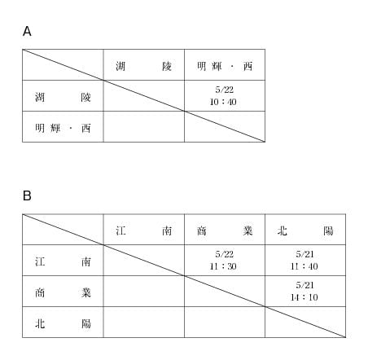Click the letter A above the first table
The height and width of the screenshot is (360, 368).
pyautogui.click(x=27, y=31)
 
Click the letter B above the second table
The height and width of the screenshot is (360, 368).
pyautogui.click(x=27, y=195)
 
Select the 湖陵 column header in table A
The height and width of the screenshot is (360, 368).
pyautogui.click(x=143, y=66)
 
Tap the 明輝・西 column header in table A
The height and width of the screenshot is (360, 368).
pyautogui.click(x=225, y=66)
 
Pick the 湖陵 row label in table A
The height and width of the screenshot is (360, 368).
pyautogui.click(x=63, y=97)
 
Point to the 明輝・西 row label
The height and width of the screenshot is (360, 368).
pyautogui.click(x=63, y=128)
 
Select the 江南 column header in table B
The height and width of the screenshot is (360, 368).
pyautogui.click(x=143, y=231)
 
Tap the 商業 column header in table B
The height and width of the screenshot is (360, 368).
pyautogui.click(x=225, y=231)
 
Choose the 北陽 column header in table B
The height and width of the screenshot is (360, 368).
pyautogui.click(x=305, y=231)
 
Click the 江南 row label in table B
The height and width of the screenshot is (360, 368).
pyautogui.click(x=63, y=262)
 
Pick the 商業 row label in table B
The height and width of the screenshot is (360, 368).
pyautogui.click(x=63, y=293)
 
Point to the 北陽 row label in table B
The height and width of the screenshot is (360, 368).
pyautogui.click(x=63, y=324)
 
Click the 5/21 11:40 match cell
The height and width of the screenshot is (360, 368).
pyautogui.click(x=304, y=261)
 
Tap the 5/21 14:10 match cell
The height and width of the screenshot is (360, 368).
pyautogui.click(x=304, y=292)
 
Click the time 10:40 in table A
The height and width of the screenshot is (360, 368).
pyautogui.click(x=223, y=102)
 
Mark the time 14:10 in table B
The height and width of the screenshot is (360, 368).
pyautogui.click(x=304, y=297)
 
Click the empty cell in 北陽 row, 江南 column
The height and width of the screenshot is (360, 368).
pyautogui.click(x=144, y=323)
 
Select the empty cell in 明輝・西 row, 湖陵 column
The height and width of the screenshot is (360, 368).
pyautogui.click(x=144, y=126)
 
